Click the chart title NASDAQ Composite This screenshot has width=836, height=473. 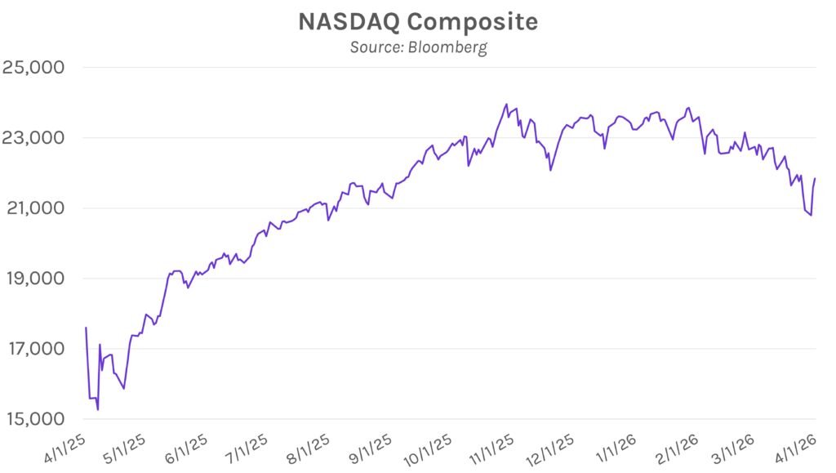point(418,22)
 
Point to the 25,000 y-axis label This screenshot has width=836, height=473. point(34,67)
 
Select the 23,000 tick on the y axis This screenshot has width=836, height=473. point(34,137)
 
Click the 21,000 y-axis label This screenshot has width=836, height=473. point(34,207)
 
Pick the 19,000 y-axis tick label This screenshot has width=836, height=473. point(34,279)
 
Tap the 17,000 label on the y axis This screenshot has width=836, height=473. point(34,349)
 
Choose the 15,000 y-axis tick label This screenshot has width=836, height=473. point(34,419)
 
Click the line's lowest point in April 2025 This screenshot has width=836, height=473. point(98,409)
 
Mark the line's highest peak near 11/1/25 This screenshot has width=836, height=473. point(506,105)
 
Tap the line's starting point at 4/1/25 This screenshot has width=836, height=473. point(86,328)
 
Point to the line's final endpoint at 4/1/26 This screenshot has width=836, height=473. point(815,178)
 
